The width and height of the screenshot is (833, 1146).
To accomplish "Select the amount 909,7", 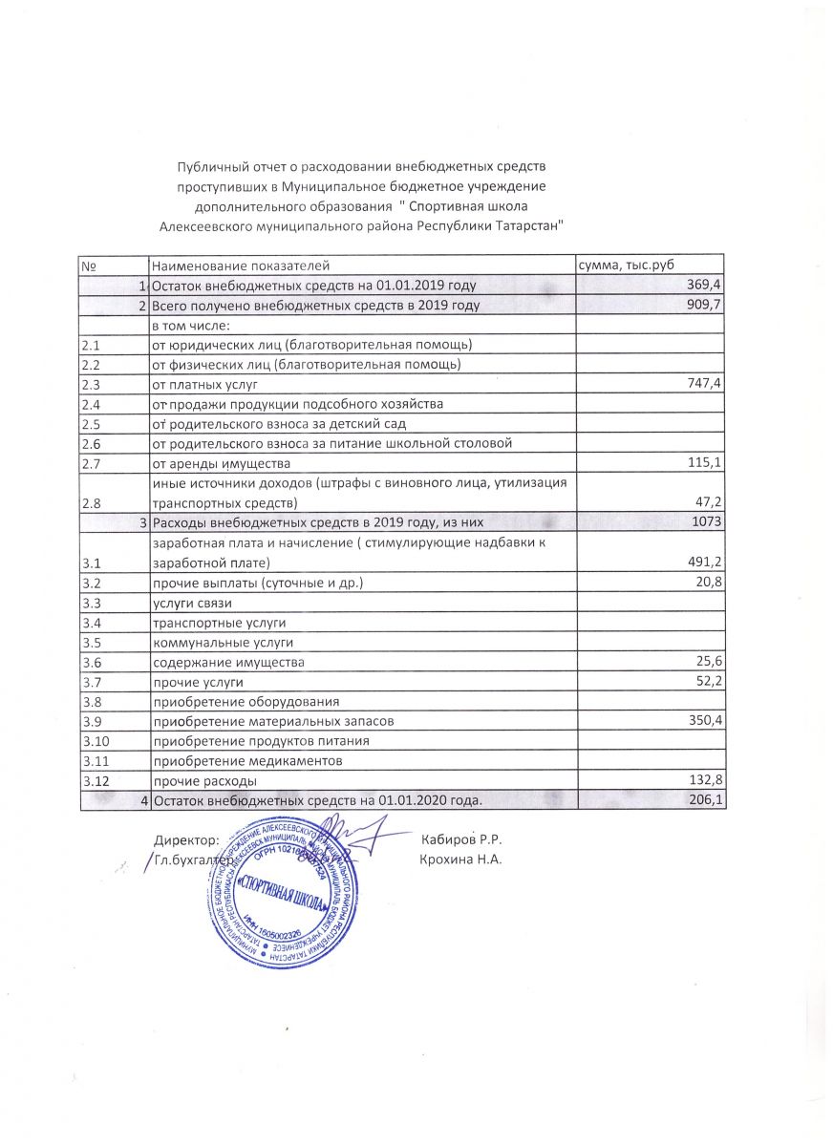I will click(x=705, y=306).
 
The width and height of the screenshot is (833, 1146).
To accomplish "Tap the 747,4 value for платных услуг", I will click(x=705, y=384).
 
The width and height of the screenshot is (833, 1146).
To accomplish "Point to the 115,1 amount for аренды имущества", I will click(x=705, y=463).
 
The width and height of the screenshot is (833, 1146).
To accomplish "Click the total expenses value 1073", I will click(x=709, y=520).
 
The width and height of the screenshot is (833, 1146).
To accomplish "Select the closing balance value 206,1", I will click(x=705, y=799).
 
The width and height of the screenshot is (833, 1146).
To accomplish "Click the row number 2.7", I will click(x=93, y=463).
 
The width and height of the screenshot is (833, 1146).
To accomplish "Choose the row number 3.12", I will click(x=96, y=780).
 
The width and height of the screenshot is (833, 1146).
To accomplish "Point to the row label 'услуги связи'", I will click(x=192, y=603).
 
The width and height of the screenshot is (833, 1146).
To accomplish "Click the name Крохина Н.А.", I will click(x=460, y=859).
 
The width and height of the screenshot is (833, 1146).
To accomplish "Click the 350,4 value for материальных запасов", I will click(x=705, y=721).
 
